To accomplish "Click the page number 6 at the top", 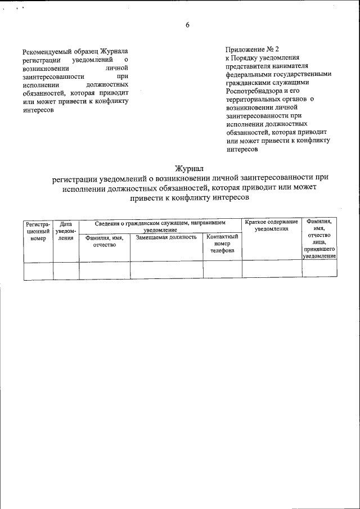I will [187, 25].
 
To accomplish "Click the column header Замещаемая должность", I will [166, 237].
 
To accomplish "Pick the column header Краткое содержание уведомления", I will [272, 226].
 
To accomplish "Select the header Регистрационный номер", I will [38, 231].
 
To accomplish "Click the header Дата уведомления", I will [66, 231].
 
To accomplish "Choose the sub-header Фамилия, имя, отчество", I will [104, 241].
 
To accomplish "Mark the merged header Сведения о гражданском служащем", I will [160, 226].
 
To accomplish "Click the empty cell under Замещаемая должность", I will [166, 270].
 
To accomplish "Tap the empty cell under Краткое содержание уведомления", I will [272, 270].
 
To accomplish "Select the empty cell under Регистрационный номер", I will [38, 270].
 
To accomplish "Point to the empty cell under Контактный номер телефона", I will [222, 270].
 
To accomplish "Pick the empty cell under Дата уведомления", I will [66, 270].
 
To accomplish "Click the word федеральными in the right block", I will [248, 74].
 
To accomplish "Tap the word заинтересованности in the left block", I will [54, 75].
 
